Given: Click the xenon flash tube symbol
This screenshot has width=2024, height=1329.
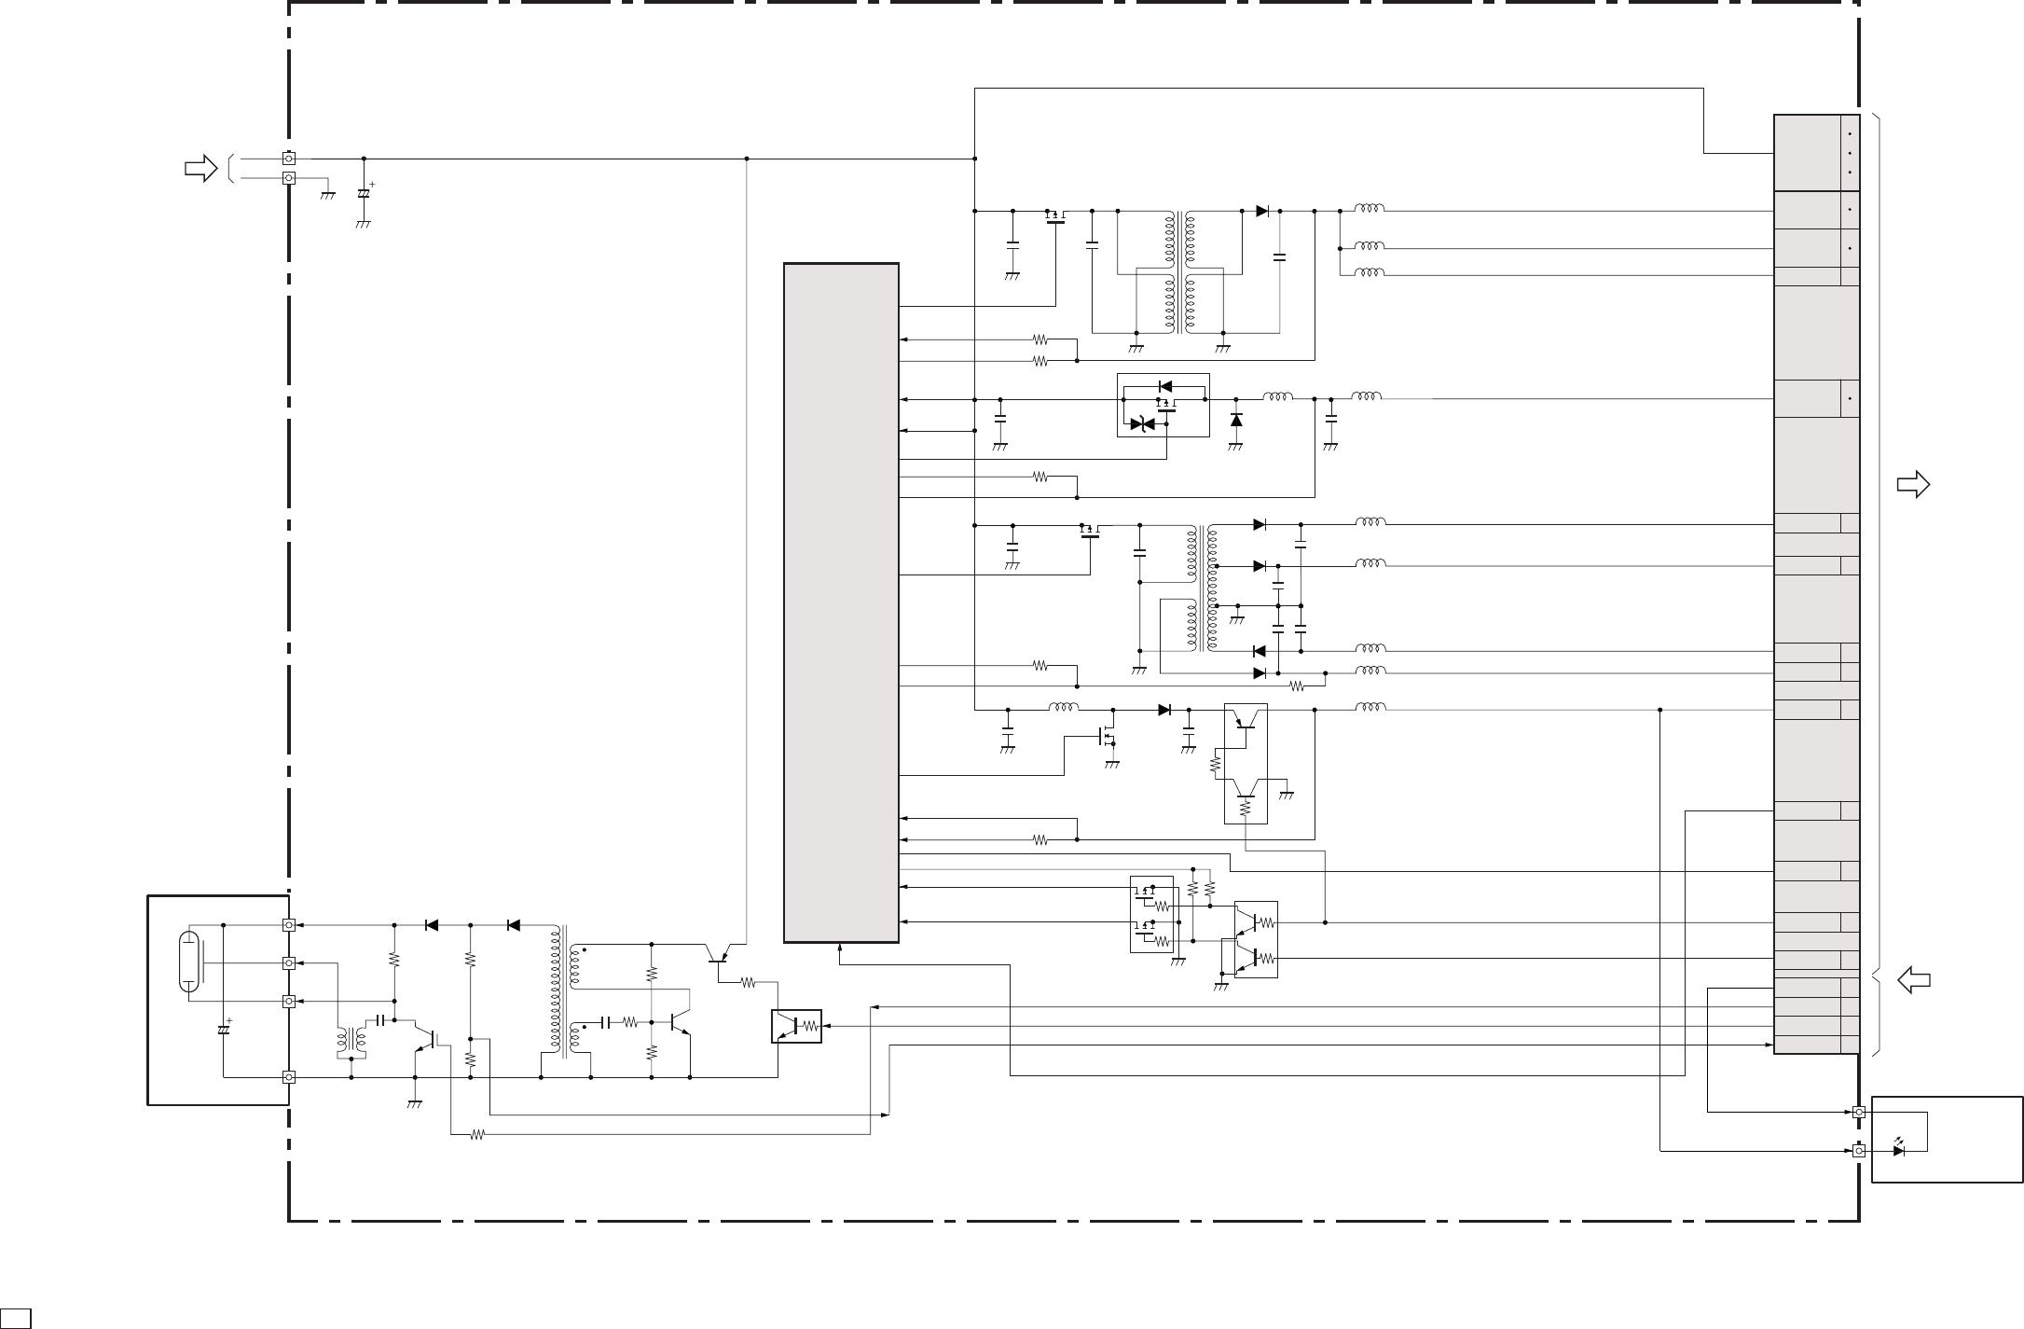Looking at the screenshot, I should click(x=189, y=961).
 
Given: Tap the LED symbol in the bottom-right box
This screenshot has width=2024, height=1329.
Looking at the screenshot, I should click(x=1898, y=1151).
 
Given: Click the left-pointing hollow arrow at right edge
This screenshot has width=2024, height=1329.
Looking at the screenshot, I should click(x=1913, y=980).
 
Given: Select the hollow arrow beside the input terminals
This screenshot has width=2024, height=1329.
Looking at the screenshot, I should click(x=200, y=169).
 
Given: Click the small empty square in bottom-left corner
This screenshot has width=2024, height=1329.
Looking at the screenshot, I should click(x=14, y=1319).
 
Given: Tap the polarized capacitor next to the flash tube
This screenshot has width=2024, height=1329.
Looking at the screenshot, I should click(x=224, y=1029).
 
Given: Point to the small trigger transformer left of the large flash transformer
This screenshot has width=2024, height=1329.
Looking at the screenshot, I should click(x=351, y=1043).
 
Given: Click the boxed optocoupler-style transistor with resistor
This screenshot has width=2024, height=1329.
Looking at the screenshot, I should click(x=796, y=1026).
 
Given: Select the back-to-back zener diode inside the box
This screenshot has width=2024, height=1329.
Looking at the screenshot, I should click(x=1142, y=424).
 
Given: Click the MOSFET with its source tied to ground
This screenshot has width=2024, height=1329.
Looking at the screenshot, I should click(x=1108, y=737).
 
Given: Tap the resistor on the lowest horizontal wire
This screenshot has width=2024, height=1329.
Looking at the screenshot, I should click(x=477, y=1135).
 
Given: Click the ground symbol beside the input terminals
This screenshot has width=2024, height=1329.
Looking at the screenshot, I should click(x=327, y=195).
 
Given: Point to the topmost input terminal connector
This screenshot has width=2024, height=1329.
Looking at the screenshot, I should click(x=289, y=159).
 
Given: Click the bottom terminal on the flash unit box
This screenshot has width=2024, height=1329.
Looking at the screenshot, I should click(x=289, y=1077).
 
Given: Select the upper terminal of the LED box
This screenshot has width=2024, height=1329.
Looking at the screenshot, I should click(x=1858, y=1112).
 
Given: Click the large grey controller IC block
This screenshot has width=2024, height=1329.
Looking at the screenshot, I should click(x=841, y=602).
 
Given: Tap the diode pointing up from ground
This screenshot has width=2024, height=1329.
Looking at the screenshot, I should click(x=1236, y=421).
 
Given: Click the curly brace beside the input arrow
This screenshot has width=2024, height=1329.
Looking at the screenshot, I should click(x=228, y=168).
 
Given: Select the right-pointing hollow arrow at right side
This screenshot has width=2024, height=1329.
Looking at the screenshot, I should click(x=1913, y=484).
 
